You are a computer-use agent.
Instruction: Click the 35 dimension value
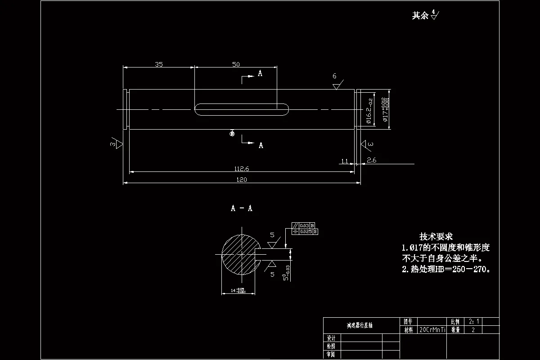(x=158, y=64)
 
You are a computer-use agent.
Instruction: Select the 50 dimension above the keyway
(x=236, y=64)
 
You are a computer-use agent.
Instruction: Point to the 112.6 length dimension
(x=242, y=169)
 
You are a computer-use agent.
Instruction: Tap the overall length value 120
(x=242, y=180)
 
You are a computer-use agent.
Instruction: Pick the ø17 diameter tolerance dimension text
(x=386, y=109)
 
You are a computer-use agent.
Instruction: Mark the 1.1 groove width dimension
(x=345, y=161)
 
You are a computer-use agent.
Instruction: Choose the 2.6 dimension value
(x=372, y=160)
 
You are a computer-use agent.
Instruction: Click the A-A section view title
(x=242, y=208)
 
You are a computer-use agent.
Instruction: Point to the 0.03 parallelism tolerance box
(x=305, y=225)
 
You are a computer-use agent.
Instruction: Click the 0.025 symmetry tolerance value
(x=306, y=231)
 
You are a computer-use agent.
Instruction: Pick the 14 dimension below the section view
(x=238, y=291)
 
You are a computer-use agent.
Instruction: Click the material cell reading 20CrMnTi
(x=432, y=330)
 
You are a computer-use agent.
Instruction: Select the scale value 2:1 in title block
(x=475, y=322)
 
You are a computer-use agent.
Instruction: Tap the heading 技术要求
(x=436, y=236)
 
